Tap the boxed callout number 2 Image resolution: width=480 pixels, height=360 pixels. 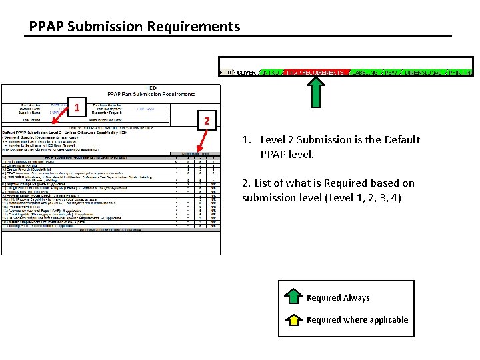point(207,121)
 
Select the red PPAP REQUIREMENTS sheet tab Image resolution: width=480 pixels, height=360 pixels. point(314,72)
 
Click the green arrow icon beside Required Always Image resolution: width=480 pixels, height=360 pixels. point(293,297)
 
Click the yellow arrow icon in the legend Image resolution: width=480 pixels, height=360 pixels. point(293,319)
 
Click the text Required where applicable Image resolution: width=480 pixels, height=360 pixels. point(357,320)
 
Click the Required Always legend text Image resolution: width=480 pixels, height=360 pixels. point(338,298)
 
